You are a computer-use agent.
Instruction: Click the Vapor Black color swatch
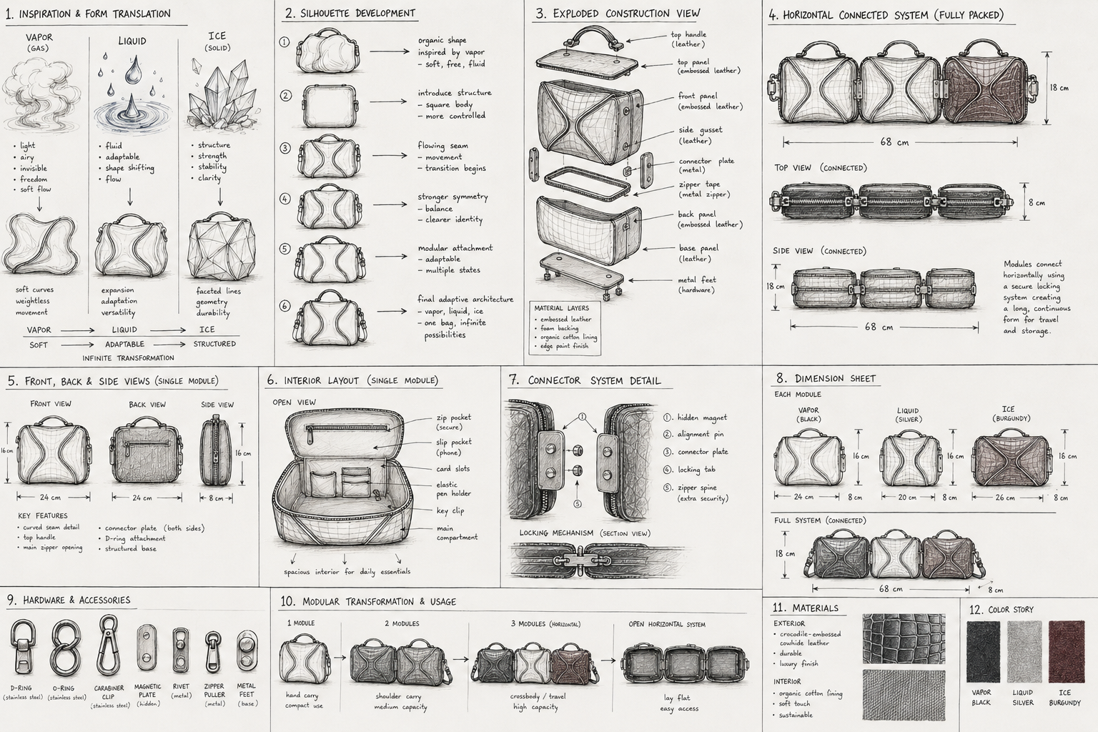[983, 652]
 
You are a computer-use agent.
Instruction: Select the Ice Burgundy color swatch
[1066, 652]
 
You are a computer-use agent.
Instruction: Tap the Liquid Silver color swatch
[1024, 652]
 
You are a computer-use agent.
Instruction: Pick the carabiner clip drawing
[108, 645]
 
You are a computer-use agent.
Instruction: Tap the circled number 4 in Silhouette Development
[285, 199]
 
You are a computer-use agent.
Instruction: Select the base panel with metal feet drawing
[583, 272]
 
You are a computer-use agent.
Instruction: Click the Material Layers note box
[565, 327]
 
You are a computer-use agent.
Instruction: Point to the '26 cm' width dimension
[1005, 497]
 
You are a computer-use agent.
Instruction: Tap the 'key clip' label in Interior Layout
[450, 510]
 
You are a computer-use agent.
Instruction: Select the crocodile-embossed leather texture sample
[904, 639]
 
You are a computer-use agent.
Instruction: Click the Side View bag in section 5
[216, 451]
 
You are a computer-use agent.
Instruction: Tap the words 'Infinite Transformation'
[128, 358]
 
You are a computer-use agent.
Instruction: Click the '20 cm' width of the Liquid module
[907, 497]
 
